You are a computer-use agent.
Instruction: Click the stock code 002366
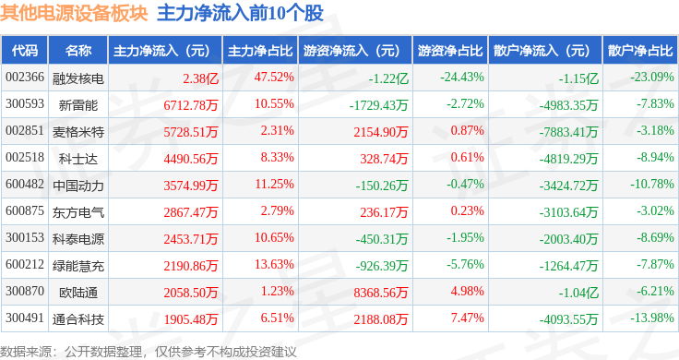coord(25,78)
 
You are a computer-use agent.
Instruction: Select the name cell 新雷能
coord(78,105)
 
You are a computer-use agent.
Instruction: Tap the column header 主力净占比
coord(260,51)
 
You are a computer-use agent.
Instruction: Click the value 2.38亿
coord(200,78)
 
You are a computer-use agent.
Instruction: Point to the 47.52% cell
coord(274,78)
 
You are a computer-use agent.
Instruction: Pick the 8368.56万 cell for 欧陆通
coord(381,293)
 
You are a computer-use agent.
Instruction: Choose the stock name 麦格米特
coord(78,132)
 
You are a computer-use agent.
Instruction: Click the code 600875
coord(25,211)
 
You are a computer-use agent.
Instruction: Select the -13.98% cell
coord(651,318)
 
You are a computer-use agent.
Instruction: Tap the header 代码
coord(25,51)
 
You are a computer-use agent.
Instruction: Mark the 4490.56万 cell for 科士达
coord(191,159)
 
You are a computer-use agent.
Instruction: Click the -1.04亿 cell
coord(578,293)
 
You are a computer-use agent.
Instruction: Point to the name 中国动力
coord(78,186)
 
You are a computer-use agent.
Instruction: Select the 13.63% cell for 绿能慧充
coord(274,264)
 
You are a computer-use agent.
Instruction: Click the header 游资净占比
coord(450,51)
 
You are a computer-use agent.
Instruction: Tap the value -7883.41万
coord(568,132)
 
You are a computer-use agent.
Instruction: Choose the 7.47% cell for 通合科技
coord(467,318)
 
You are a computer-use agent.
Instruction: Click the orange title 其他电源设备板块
coord(74,13)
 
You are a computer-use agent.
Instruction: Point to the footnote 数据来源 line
coord(149,352)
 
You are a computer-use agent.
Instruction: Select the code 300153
coord(25,238)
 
